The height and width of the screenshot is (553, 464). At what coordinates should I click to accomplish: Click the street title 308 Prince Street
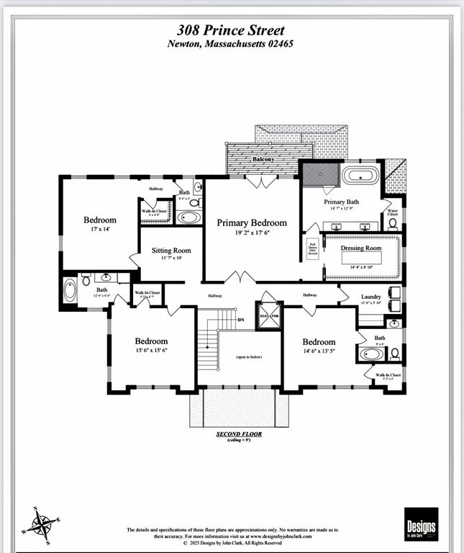[231, 30]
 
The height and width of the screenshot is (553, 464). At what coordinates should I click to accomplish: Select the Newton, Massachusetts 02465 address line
[231, 43]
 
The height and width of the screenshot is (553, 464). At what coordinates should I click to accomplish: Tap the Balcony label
[263, 159]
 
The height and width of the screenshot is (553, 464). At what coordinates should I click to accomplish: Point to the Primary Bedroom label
[252, 222]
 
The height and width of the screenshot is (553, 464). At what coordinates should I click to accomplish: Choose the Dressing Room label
[360, 248]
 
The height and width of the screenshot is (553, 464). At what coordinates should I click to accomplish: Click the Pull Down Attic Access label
[312, 248]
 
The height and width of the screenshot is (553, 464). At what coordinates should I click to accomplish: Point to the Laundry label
[370, 297]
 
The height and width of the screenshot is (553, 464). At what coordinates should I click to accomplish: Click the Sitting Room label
[170, 251]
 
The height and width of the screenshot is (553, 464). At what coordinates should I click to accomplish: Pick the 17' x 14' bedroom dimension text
[99, 229]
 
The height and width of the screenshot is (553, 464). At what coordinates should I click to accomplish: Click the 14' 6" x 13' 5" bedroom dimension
[319, 351]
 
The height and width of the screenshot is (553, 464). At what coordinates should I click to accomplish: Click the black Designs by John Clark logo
[421, 524]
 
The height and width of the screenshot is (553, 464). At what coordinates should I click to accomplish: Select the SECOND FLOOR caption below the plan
[239, 434]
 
